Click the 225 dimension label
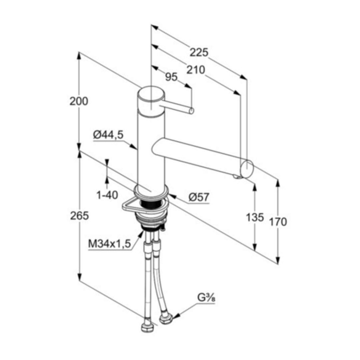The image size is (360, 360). point(199,53)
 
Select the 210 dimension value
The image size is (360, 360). point(195,70)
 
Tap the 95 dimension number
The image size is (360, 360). point(172,77)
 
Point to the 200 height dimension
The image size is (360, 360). point(79,101)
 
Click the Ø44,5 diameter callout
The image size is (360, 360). point(108,135)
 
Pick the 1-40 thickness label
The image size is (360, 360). point(107,195)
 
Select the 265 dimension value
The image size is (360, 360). point(79,216)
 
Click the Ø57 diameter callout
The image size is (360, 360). point(199,197)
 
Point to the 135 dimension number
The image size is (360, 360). point(255,217)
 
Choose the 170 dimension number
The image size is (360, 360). point(278,222)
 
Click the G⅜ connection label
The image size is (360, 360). point(206,298)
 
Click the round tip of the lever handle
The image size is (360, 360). point(192,111)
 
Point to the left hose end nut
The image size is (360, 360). point(147,326)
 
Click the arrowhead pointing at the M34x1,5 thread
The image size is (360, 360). point(140,234)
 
